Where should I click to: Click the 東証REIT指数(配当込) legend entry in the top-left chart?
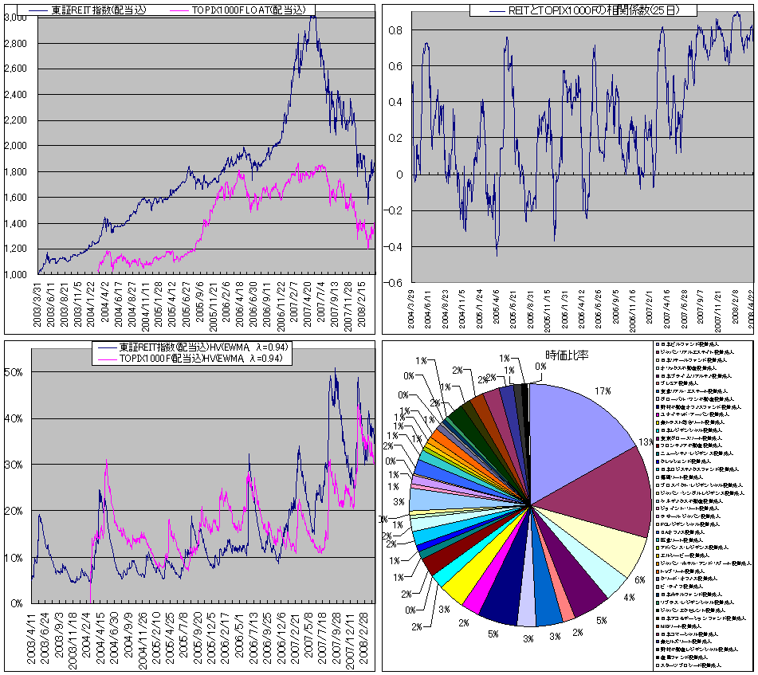102,10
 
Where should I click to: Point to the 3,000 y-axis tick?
16,18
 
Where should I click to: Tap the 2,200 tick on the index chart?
16,120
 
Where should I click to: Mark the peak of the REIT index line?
312,17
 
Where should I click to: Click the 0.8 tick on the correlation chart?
395,30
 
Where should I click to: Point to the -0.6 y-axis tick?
393,283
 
